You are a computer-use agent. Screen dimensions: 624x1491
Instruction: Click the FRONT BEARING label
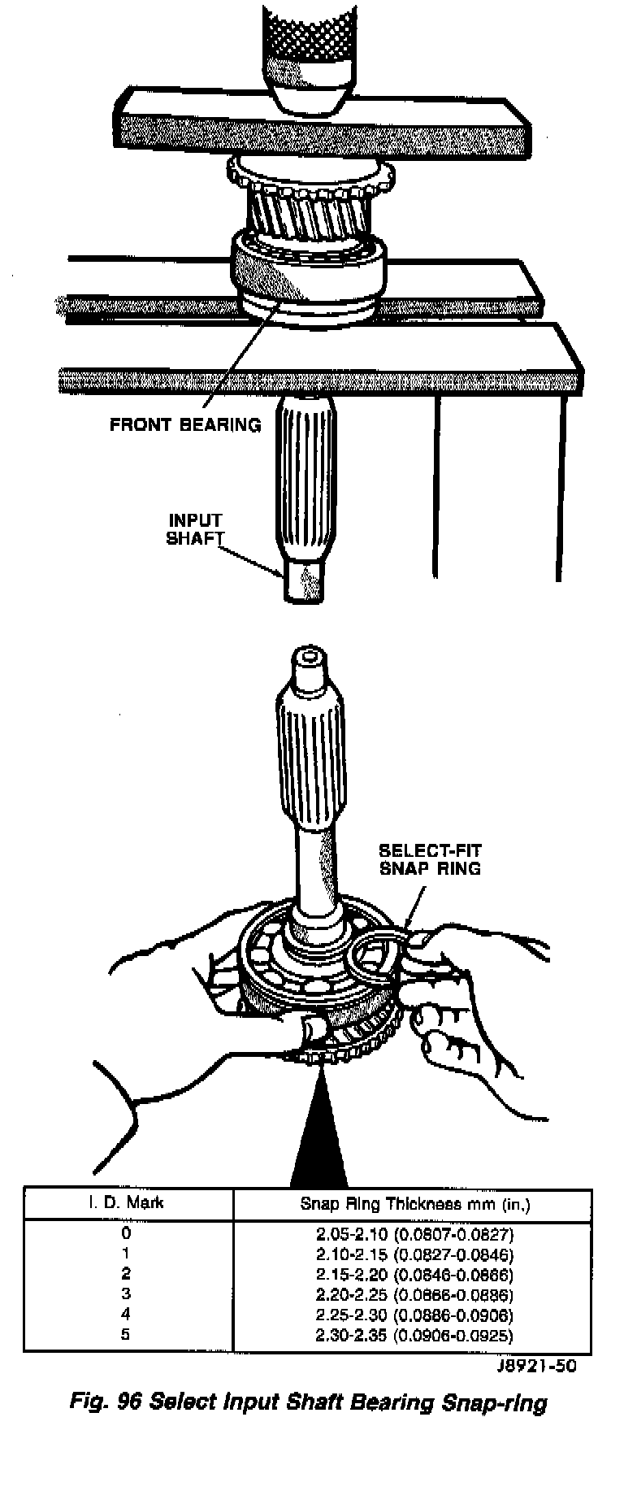click(185, 424)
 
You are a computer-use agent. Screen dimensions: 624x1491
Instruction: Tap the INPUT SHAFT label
click(194, 529)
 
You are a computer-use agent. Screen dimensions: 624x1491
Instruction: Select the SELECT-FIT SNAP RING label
click(430, 859)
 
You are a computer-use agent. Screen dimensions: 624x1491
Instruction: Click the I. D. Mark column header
click(126, 1202)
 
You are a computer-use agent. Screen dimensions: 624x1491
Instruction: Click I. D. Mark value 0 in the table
click(126, 1232)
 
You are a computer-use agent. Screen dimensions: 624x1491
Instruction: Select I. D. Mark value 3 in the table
click(126, 1293)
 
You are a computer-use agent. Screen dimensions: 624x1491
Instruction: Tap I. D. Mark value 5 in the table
click(126, 1334)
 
